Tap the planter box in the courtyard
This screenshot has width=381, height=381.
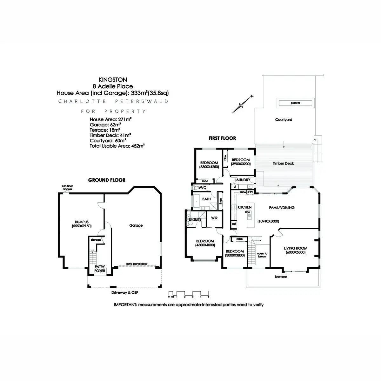(295, 103)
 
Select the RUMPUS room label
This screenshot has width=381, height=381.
(82, 222)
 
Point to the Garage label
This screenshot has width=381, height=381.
(136, 225)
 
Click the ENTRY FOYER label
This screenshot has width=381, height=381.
(100, 269)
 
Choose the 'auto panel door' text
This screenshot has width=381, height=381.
(137, 264)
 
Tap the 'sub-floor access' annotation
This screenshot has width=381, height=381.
(67, 188)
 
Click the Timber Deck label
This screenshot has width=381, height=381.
(283, 164)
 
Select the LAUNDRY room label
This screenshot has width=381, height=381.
(242, 180)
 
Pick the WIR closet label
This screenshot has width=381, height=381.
(214, 218)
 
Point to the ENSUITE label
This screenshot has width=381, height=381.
(195, 219)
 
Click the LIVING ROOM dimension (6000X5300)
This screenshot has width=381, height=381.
(295, 253)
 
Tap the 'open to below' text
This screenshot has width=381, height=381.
(262, 255)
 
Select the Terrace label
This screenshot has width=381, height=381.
(281, 277)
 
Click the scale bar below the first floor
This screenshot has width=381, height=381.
(189, 294)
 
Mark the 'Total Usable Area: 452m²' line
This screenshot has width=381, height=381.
(117, 146)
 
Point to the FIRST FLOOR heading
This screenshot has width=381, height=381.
(222, 138)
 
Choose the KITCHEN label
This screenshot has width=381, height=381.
(244, 207)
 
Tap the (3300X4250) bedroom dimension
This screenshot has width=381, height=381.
(209, 167)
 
